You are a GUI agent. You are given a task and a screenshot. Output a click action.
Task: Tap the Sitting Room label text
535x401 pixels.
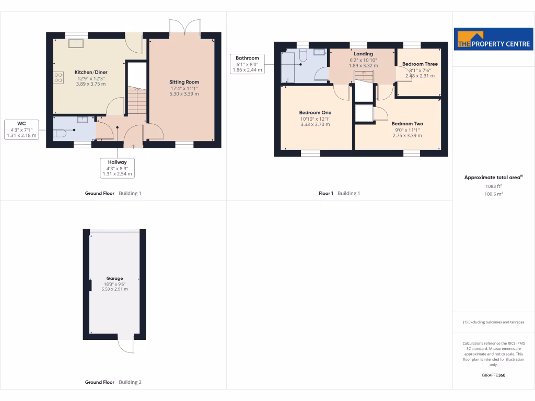pos(184,82)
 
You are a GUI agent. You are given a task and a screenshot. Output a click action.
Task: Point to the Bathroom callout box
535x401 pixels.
pos(247,64)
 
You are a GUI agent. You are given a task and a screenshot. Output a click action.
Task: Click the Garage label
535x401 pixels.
pos(114,278)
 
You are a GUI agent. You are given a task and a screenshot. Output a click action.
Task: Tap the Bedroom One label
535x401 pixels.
pos(315,113)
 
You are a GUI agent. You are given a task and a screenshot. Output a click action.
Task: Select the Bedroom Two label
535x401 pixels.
pos(407,124)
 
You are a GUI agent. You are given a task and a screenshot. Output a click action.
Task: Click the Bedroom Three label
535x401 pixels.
pos(420,64)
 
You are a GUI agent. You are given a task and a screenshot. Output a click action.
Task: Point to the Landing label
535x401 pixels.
pos(363,54)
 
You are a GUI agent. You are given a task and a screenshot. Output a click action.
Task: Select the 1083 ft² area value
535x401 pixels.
pos(493,186)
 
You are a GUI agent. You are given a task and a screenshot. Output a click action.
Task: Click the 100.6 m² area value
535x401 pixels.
pos(493,194)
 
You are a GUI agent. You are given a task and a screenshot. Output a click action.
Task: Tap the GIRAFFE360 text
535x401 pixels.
pos(493,375)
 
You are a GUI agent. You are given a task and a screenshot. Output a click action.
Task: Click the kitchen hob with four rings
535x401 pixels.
pos(57,78)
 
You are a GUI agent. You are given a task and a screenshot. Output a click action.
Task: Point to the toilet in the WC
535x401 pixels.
pos(59,133)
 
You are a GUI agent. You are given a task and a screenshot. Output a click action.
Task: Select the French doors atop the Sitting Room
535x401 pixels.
pos(185,28)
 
